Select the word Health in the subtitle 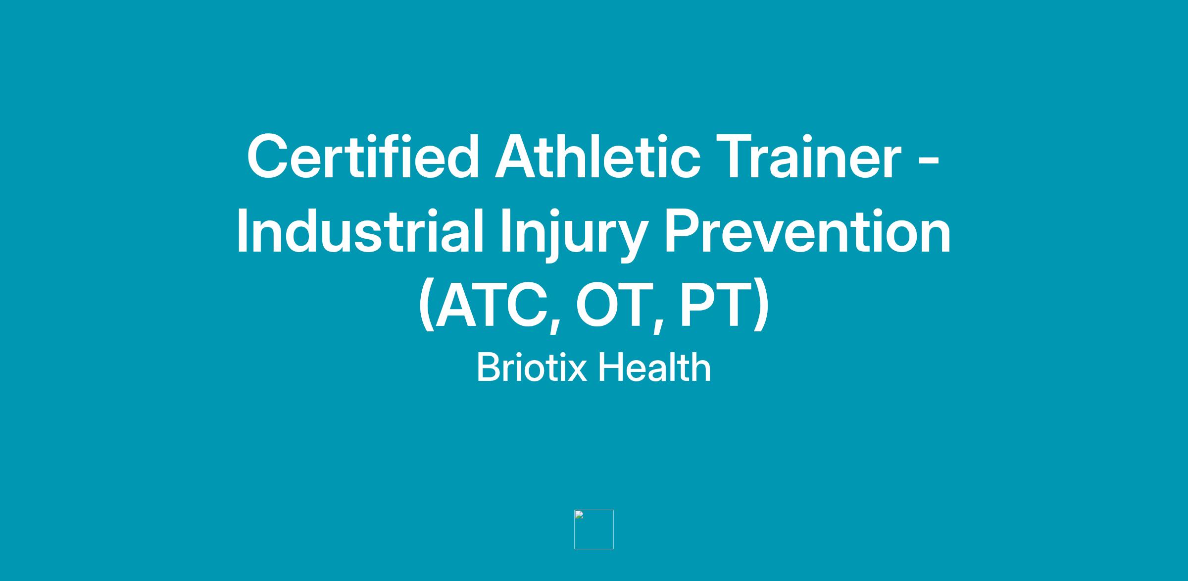pyautogui.click(x=654, y=367)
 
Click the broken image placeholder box pyautogui.click(x=594, y=529)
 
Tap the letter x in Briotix pyautogui.click(x=577, y=371)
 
